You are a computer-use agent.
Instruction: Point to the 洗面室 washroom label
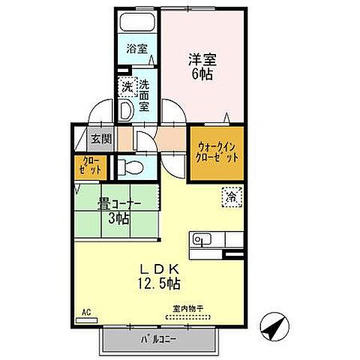tap(143, 95)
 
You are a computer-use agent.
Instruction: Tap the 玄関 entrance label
tap(101, 139)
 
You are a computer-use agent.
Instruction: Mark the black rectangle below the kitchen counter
tap(233, 256)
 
